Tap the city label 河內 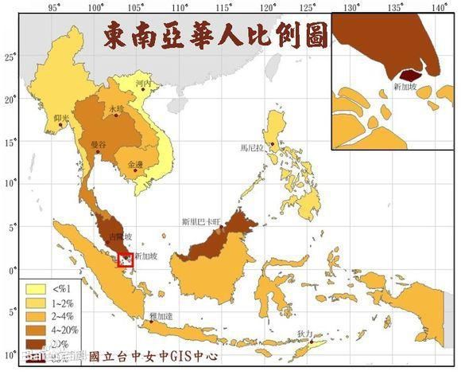143,83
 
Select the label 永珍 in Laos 116,108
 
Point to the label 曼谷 99,144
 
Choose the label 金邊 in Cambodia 135,164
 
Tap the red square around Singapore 125,259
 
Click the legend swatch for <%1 34,288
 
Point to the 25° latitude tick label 10,57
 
